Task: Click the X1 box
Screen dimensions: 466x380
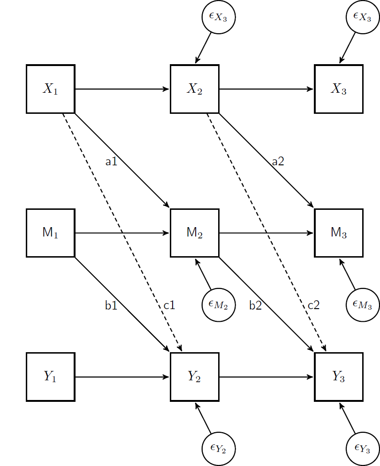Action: tap(51, 89)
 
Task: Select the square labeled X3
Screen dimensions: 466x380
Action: tap(339, 89)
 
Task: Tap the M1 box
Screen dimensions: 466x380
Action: tap(51, 233)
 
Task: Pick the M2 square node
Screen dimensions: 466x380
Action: tap(195, 233)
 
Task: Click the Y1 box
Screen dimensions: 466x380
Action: tap(51, 377)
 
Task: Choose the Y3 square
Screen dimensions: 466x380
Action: tap(339, 377)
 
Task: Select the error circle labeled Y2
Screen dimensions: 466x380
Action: tap(218, 449)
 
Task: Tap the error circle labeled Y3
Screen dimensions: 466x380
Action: tap(362, 449)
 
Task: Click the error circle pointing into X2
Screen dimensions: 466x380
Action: tap(218, 17)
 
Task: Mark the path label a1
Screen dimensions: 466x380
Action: tap(111, 162)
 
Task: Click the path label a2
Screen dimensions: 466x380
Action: tap(278, 162)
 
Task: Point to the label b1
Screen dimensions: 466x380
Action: tap(111, 306)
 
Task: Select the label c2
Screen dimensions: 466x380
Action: tap(313, 306)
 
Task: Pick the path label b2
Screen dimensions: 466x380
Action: tap(255, 306)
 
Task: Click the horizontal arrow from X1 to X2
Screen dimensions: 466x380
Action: tap(122, 89)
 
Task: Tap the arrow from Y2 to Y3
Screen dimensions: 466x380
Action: tap(266, 377)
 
